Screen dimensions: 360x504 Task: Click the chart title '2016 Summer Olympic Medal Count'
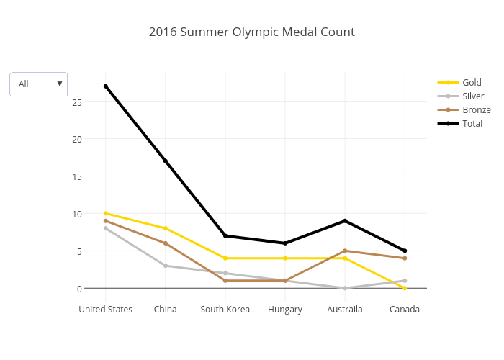[251, 32]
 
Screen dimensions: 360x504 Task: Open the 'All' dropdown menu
[39, 84]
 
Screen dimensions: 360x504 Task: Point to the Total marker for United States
[106, 86]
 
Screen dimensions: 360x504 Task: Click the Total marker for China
[166, 161]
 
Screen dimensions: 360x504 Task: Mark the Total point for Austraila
[345, 221]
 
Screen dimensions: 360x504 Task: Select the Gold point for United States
[106, 213]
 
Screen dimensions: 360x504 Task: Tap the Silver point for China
[166, 266]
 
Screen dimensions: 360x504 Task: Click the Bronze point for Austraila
[345, 251]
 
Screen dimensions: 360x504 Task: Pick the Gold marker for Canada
[405, 288]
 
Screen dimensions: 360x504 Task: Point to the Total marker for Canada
[405, 251]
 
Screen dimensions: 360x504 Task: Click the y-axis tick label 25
[77, 102]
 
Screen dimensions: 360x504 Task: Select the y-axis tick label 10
[77, 214]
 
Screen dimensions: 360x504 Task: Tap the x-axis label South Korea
[225, 310]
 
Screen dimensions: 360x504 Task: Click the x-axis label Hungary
[285, 310]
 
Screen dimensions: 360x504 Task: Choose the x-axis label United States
[106, 310]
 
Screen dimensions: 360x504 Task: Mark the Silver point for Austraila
[345, 288]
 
